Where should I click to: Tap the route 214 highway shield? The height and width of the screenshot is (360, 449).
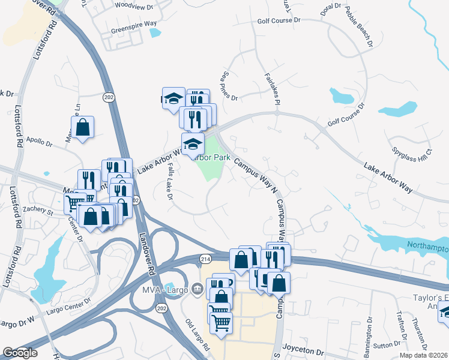pyautogui.click(x=205, y=257)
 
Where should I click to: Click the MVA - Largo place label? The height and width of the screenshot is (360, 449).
pyautogui.click(x=164, y=290)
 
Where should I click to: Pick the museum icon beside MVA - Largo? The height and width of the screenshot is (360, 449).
pyautogui.click(x=197, y=290)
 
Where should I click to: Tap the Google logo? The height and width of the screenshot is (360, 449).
pyautogui.click(x=20, y=353)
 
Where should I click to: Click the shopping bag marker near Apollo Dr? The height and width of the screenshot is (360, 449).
pyautogui.click(x=82, y=127)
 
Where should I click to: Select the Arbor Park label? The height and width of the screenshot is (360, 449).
pyautogui.click(x=212, y=157)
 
